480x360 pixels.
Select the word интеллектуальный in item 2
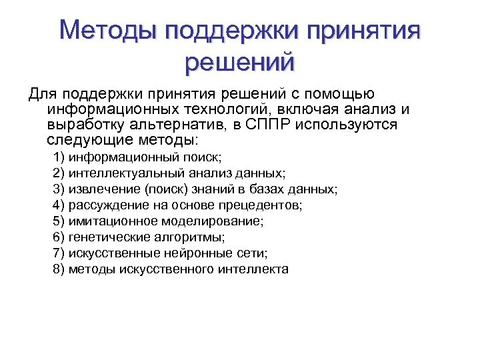point(127,173)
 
